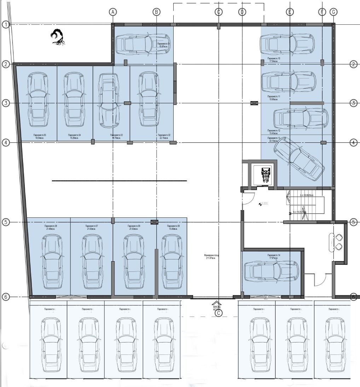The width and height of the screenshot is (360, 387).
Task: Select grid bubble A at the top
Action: tap(112, 12)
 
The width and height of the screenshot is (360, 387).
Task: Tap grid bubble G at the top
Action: tap(333, 12)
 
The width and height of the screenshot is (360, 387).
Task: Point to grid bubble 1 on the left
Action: tap(5, 24)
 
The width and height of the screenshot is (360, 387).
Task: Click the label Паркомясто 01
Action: tap(164, 43)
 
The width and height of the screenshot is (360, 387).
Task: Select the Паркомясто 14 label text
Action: tap(274, 255)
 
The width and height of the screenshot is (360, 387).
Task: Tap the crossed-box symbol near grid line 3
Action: tap(254, 103)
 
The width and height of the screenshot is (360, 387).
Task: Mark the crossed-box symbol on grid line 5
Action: tap(154, 222)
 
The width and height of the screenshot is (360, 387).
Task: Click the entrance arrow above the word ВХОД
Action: tap(216, 303)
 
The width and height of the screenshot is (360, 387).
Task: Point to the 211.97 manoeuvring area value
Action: tap(209, 258)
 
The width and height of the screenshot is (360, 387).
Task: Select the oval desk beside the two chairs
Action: tap(332, 242)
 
